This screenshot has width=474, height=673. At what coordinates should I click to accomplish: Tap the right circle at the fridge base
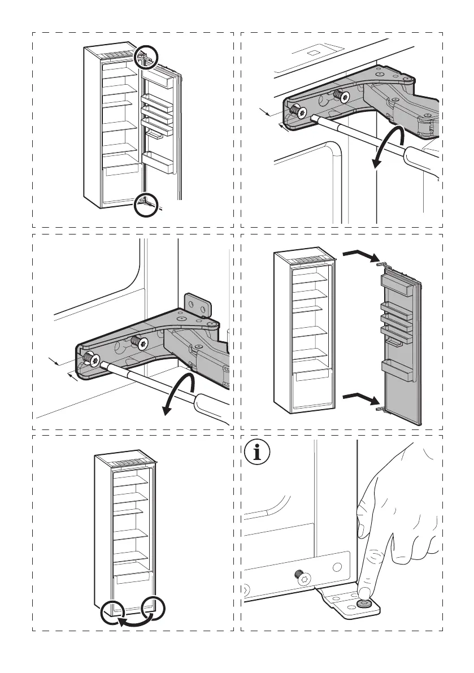point(154,609)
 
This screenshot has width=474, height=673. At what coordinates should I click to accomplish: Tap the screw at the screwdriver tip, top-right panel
point(298,112)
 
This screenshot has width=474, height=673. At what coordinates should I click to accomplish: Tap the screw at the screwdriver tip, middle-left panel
point(90,358)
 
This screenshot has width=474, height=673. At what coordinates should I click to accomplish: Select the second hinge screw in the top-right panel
point(339,95)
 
